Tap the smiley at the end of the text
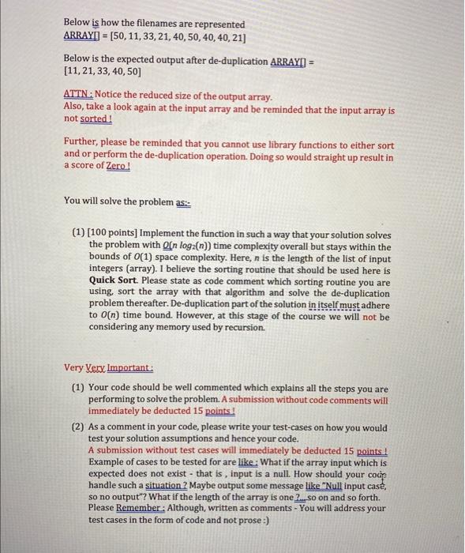pyautogui.click(x=268, y=521)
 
